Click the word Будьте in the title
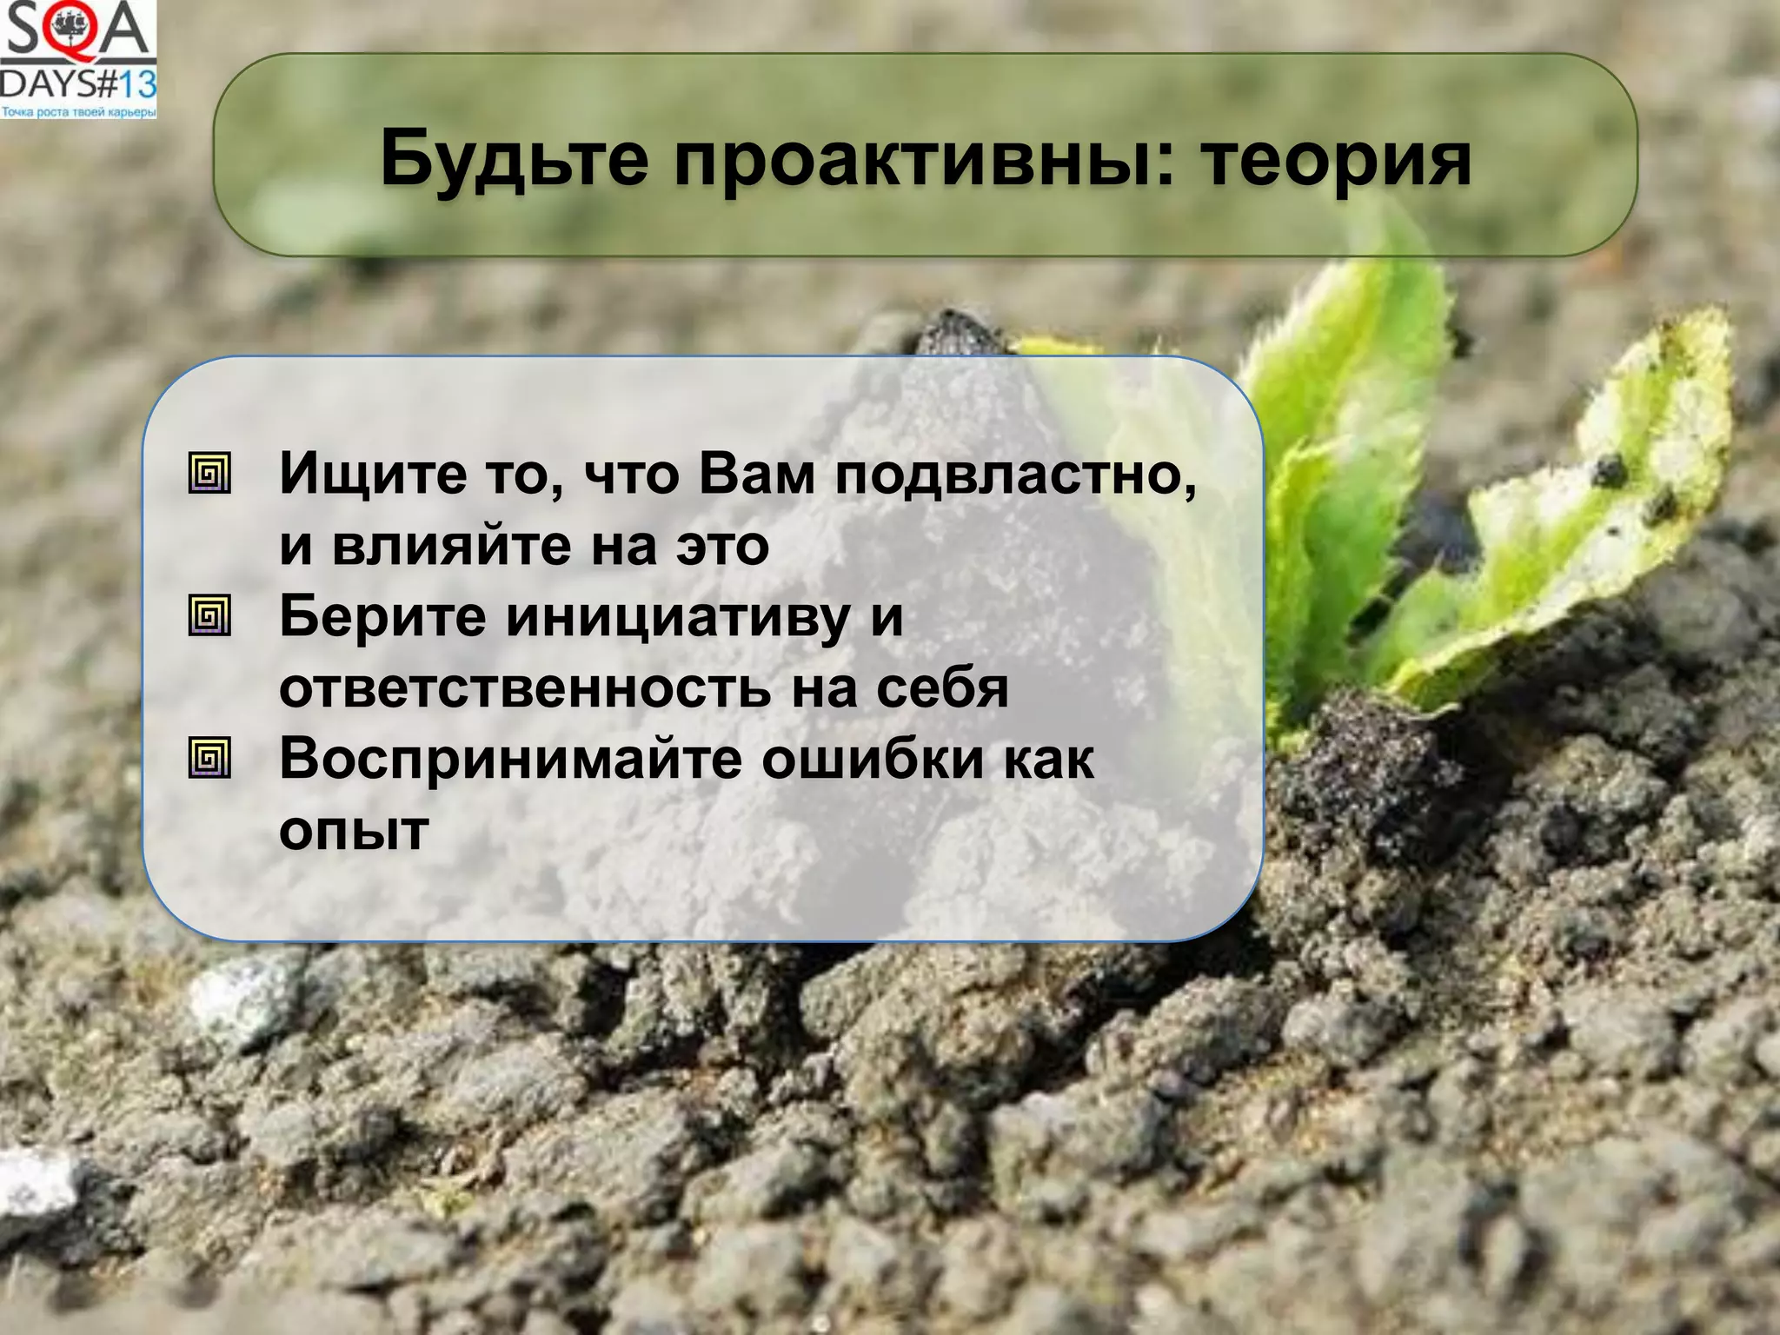coord(514,159)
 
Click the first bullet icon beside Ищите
coord(209,474)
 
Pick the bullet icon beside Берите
coord(209,616)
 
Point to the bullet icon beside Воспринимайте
coord(209,758)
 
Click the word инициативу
coord(678,617)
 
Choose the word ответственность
coord(524,688)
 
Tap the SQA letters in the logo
coord(76,30)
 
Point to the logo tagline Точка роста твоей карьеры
coord(78,112)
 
